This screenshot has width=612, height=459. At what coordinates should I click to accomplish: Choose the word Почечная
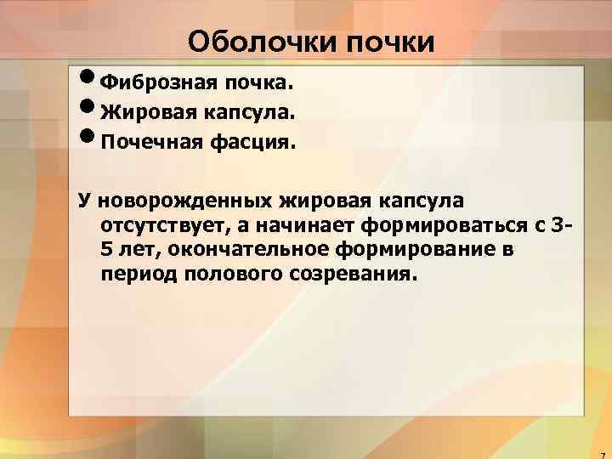[x=151, y=142]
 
